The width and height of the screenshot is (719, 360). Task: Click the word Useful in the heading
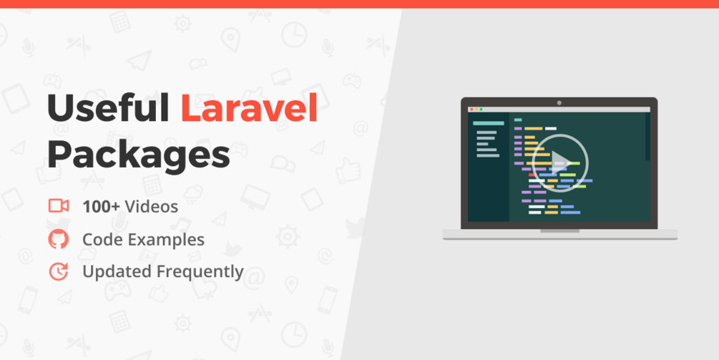[x=108, y=108]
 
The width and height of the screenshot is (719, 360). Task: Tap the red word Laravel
[x=250, y=108]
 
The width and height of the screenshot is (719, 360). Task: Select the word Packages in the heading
[x=139, y=155]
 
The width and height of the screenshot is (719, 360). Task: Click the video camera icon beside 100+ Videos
[x=59, y=206]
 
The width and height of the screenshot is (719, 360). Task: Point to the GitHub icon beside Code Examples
[x=59, y=239]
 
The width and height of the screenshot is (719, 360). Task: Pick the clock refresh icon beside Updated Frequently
[x=59, y=271]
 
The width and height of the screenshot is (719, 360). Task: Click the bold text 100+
[x=102, y=207]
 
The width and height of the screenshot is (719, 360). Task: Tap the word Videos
[x=152, y=207]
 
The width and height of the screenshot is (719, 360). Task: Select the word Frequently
[x=200, y=271]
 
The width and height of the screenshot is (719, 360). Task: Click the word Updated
[x=117, y=271]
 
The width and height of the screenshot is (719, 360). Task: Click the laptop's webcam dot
[x=559, y=103]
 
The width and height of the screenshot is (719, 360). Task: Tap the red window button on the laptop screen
[x=472, y=110]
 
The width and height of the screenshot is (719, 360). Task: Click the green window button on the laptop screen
[x=481, y=110]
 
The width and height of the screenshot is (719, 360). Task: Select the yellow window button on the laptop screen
[x=476, y=110]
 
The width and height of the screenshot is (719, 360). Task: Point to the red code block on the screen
[x=532, y=175]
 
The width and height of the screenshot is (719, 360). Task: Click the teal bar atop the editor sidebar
[x=489, y=123]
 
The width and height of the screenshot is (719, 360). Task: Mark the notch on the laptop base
[x=559, y=230]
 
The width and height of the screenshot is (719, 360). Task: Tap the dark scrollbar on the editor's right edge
[x=647, y=137]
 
